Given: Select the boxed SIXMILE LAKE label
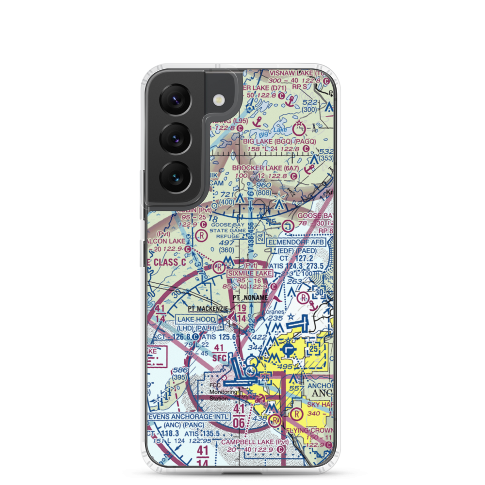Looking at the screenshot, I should [x=250, y=274].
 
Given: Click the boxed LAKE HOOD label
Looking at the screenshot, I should [x=196, y=319].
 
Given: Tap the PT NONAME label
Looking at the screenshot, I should [x=250, y=298].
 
